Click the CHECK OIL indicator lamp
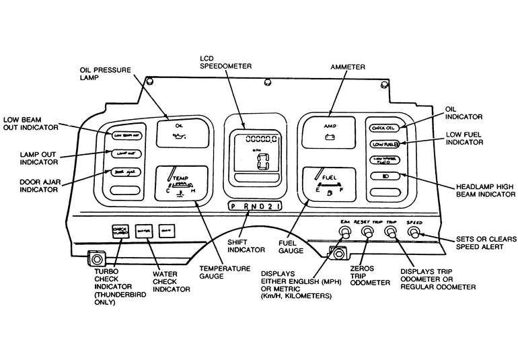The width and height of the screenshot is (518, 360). [x=383, y=127]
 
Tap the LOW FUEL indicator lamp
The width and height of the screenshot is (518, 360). [x=383, y=144]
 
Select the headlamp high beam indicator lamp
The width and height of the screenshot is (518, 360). [x=383, y=176]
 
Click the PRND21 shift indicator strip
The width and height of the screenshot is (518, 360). [x=254, y=206]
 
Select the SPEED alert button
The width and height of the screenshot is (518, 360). [x=414, y=233]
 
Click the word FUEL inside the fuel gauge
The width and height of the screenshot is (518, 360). [x=330, y=178]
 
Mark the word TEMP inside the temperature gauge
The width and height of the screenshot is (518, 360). [x=179, y=179]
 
